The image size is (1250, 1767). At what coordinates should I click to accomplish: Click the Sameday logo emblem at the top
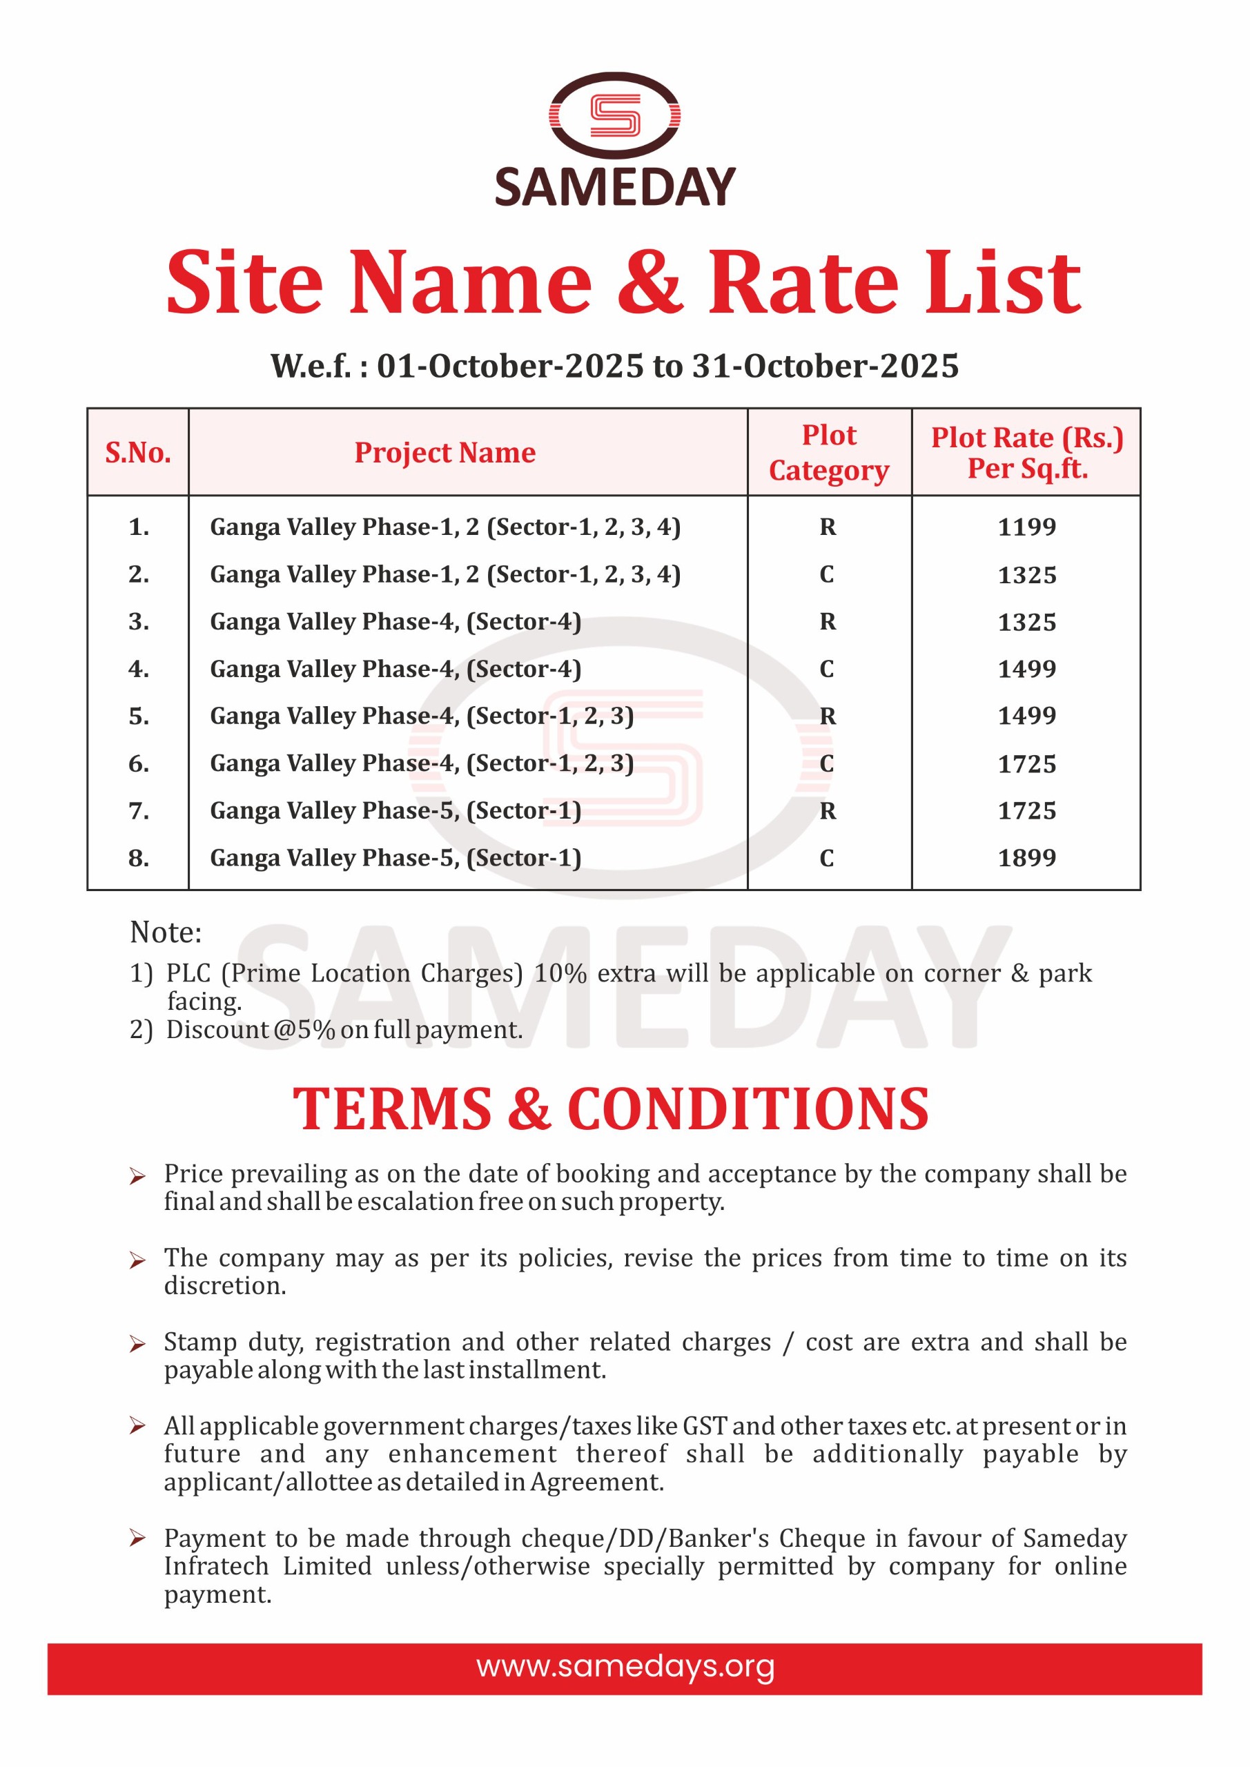(614, 116)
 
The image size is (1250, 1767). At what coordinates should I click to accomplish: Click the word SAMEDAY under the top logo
(615, 187)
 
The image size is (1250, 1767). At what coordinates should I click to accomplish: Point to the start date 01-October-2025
(509, 367)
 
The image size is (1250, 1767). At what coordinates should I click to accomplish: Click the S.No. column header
(138, 453)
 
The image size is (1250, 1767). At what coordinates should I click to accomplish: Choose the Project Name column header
(445, 453)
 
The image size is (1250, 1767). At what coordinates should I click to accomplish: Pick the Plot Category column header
(829, 453)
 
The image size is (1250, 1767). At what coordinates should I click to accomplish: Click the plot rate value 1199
(1027, 527)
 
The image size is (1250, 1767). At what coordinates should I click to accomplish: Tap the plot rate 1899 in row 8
(1027, 857)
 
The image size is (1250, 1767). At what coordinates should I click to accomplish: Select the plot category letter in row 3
(828, 621)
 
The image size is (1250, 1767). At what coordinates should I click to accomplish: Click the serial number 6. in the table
(139, 763)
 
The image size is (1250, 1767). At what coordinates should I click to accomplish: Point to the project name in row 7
(395, 810)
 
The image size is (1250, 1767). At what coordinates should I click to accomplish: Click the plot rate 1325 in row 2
(1027, 575)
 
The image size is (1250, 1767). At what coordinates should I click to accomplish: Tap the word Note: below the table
(166, 932)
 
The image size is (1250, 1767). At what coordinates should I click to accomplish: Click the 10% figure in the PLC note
(560, 973)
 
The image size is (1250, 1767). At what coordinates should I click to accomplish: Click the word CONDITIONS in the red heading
(748, 1110)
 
